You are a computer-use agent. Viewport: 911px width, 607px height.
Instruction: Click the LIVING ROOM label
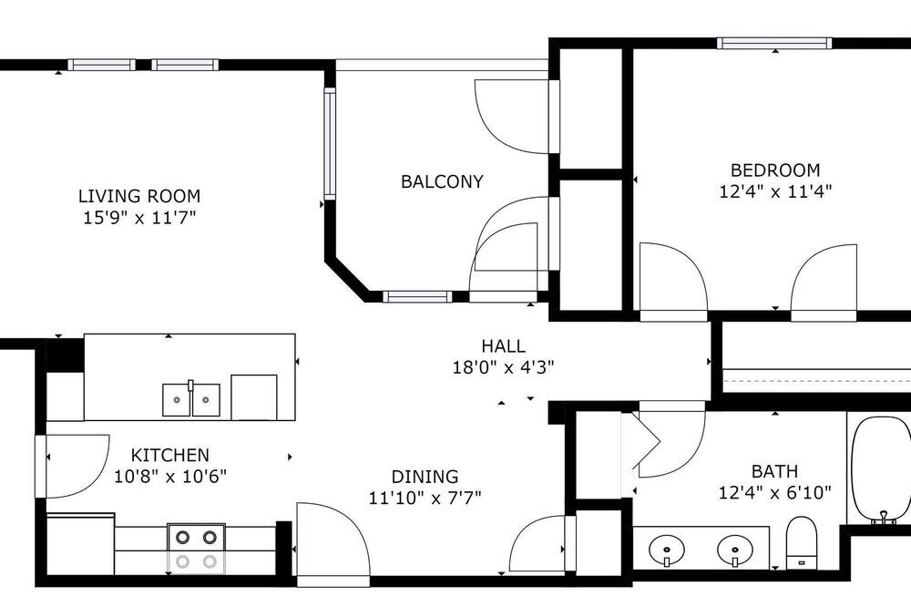pyautogui.click(x=139, y=196)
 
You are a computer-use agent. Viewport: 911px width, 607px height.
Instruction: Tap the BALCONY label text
pyautogui.click(x=442, y=182)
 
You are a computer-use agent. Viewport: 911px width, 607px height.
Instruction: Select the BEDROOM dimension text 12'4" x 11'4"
pyautogui.click(x=775, y=191)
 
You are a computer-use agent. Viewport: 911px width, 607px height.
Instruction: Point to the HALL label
pyautogui.click(x=503, y=346)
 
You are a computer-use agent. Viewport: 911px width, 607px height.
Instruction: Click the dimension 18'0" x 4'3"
pyautogui.click(x=503, y=367)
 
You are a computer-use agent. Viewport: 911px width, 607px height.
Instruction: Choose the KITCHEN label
pyautogui.click(x=169, y=455)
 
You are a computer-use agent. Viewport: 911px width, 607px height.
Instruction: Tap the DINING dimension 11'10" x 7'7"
pyautogui.click(x=425, y=498)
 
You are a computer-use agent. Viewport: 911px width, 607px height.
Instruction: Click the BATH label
pyautogui.click(x=774, y=471)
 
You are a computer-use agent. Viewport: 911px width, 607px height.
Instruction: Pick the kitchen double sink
pyautogui.click(x=191, y=399)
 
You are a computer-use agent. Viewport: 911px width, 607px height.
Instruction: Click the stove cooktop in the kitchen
pyautogui.click(x=197, y=549)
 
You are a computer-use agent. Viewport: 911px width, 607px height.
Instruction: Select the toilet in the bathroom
pyautogui.click(x=802, y=543)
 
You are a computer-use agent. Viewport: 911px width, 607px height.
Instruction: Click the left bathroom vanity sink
pyautogui.click(x=667, y=549)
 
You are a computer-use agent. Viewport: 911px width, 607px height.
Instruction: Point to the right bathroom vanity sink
pyautogui.click(x=735, y=549)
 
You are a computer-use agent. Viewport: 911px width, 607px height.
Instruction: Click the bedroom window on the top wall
pyautogui.click(x=774, y=43)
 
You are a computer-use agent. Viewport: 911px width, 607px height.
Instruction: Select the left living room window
pyautogui.click(x=102, y=65)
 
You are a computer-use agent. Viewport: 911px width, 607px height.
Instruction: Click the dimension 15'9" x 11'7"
pyautogui.click(x=139, y=218)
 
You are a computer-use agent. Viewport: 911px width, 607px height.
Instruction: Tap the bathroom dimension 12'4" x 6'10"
pyautogui.click(x=775, y=493)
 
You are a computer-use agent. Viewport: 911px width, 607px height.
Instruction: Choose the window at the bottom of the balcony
pyautogui.click(x=417, y=296)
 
